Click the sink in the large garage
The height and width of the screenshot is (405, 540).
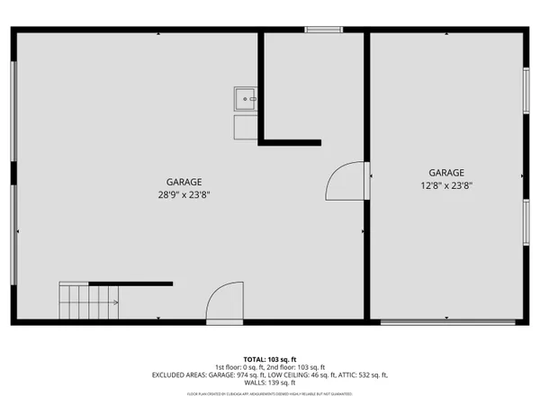[245, 98]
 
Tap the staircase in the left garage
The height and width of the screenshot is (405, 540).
[89, 301]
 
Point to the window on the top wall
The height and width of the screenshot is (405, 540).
[324, 30]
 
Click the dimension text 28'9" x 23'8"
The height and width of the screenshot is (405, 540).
[184, 194]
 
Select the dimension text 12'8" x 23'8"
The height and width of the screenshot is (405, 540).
[445, 186]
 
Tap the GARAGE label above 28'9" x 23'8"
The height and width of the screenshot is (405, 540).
[184, 181]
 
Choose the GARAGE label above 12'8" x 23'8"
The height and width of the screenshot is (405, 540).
[445, 173]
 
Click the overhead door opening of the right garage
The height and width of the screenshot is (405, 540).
[447, 321]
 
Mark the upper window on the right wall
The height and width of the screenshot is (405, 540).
[526, 90]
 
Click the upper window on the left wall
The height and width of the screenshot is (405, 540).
[13, 112]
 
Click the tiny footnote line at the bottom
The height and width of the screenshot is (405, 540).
[270, 393]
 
